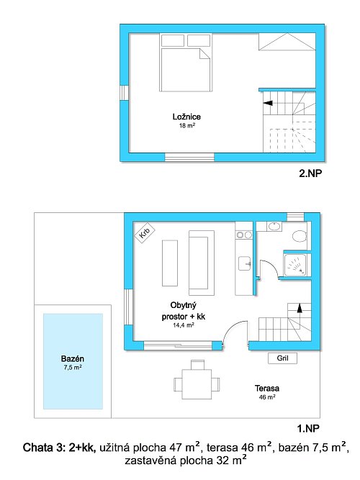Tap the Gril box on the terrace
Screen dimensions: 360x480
click(282, 358)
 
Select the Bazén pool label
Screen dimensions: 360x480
click(73, 359)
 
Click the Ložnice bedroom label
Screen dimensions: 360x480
click(186, 117)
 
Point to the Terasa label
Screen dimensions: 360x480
click(267, 389)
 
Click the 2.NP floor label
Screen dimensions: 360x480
click(310, 173)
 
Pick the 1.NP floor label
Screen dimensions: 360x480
click(308, 429)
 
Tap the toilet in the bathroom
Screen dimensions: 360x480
click(300, 236)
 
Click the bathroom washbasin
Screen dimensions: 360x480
click(274, 227)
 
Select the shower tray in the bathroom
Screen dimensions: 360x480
click(295, 265)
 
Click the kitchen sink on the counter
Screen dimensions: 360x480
click(245, 263)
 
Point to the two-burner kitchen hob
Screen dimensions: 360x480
click(244, 235)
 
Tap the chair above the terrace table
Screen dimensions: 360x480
click(197, 365)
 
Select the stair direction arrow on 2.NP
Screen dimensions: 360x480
click(268, 103)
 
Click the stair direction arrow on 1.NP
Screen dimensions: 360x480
click(300, 308)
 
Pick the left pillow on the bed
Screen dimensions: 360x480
click(173, 40)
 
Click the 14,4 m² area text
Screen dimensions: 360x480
click(183, 325)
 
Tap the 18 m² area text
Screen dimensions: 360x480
click(187, 125)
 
